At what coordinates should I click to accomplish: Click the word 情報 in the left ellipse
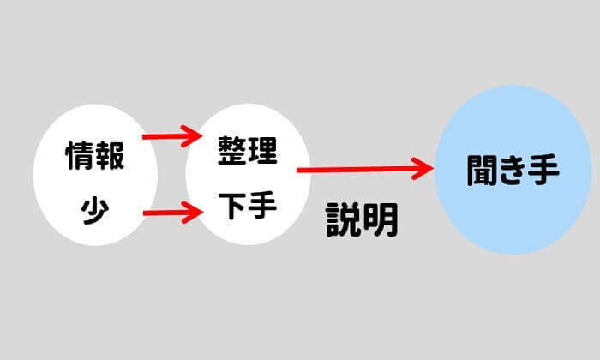[95, 157]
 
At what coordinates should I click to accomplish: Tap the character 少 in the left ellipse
[95, 209]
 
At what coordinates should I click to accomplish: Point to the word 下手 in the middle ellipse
[248, 208]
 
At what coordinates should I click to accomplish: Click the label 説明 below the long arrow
[363, 221]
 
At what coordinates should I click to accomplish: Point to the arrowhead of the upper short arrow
[191, 135]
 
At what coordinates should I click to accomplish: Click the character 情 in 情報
[80, 157]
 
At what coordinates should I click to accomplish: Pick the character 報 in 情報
[111, 157]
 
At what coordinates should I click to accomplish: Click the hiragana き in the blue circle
[513, 169]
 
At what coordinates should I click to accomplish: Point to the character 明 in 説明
[381, 221]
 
